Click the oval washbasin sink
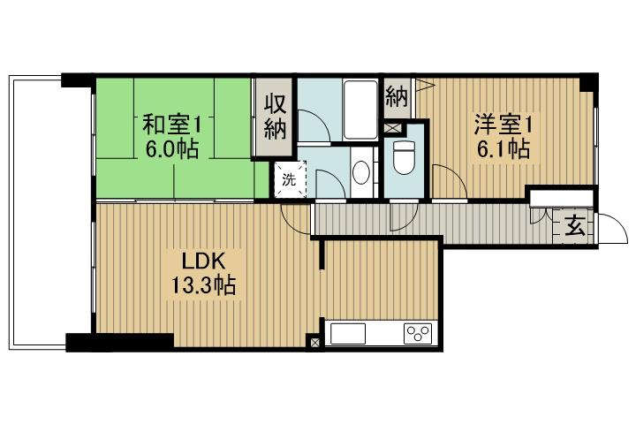(360, 172)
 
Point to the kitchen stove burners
(418, 334)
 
